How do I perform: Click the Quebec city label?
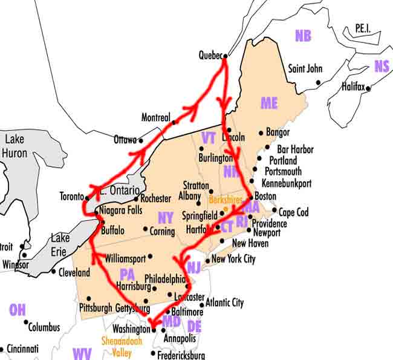click(210, 56)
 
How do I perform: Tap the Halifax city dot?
click(368, 88)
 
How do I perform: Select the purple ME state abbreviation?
click(269, 103)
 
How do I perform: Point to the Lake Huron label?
click(15, 145)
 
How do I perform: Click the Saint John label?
click(305, 69)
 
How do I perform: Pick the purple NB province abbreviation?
click(303, 36)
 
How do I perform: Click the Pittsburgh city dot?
click(89, 298)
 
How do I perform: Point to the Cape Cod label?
click(293, 212)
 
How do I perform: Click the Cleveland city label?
click(74, 272)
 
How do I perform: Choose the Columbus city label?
click(45, 327)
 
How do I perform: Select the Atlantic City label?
click(224, 303)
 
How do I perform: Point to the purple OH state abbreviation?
click(18, 310)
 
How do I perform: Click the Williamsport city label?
click(125, 258)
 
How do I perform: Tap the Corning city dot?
click(145, 229)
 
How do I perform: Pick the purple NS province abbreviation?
click(382, 66)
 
